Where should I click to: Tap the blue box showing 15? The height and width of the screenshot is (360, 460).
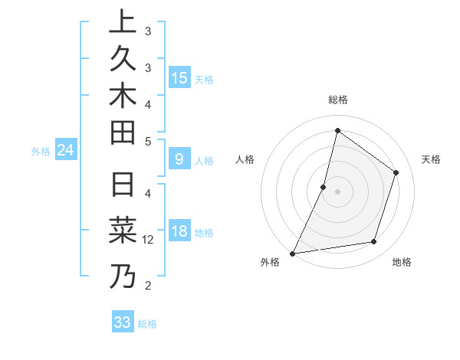click(179, 77)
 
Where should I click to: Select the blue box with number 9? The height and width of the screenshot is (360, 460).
click(179, 159)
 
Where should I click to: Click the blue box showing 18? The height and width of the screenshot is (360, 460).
click(179, 231)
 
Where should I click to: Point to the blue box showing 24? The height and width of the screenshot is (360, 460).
click(66, 150)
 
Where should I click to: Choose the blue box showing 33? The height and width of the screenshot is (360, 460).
click(123, 322)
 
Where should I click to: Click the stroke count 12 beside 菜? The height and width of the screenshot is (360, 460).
click(148, 240)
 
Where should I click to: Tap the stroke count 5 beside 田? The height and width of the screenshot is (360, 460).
click(148, 141)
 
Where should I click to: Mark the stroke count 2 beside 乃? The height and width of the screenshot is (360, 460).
click(148, 286)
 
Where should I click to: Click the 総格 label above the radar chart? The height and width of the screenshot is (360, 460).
click(337, 100)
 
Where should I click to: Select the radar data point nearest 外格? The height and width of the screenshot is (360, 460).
click(293, 253)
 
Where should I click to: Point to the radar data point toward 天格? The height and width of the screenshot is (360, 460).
click(396, 172)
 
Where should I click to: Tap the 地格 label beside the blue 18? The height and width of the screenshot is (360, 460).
click(204, 232)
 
